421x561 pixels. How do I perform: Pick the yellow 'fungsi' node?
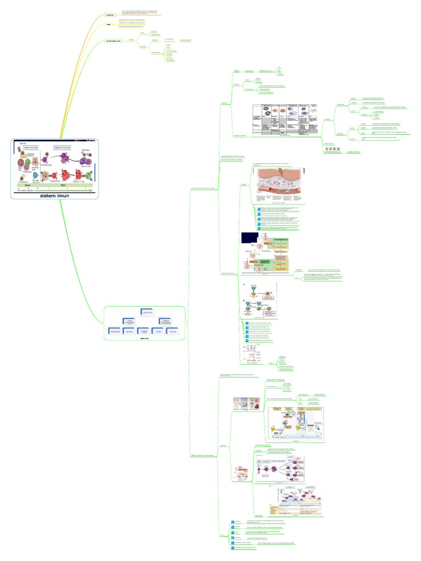click(x=109, y=25)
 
